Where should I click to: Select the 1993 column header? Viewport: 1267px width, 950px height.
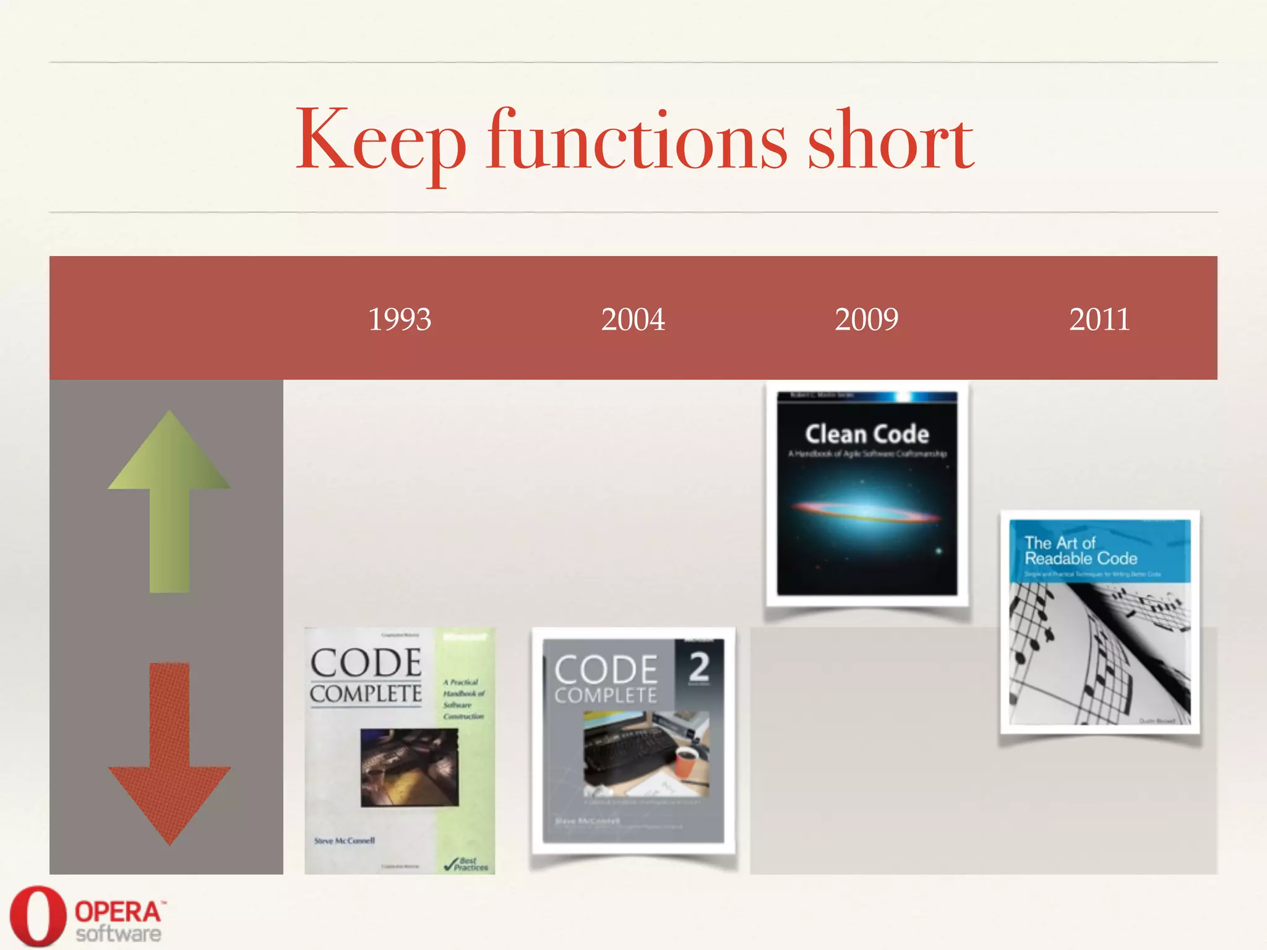[400, 319]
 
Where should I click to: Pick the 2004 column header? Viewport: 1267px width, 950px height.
[633, 319]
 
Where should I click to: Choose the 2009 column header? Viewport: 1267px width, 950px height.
[866, 319]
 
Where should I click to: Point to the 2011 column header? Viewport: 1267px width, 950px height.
[1099, 319]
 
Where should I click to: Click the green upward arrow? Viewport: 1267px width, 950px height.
[169, 501]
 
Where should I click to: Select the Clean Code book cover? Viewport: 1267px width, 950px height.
[867, 494]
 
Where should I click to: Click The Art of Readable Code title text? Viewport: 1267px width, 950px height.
[1080, 551]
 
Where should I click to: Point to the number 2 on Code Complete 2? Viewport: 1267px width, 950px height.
[699, 667]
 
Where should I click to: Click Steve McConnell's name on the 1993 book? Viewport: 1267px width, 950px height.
[344, 841]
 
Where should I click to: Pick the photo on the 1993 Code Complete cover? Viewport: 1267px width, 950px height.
[410, 767]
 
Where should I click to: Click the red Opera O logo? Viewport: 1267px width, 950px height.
[38, 916]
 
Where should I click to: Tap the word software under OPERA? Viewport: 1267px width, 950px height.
[118, 934]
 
